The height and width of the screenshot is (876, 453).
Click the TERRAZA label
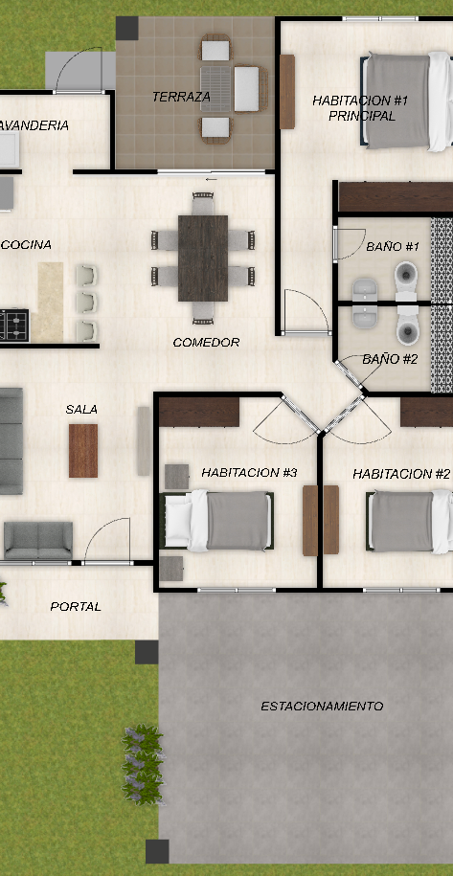click(182, 97)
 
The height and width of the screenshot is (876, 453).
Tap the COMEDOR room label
click(206, 342)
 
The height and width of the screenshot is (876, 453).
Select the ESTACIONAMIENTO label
click(322, 707)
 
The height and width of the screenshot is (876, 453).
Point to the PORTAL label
click(76, 606)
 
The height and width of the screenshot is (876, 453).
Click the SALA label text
click(81, 409)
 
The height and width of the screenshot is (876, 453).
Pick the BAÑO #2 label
click(390, 359)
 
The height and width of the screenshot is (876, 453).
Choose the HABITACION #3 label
click(249, 473)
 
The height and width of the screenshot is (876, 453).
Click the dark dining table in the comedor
click(203, 258)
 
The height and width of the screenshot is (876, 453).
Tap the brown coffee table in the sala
click(83, 451)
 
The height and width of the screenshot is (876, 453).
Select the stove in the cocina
click(14, 326)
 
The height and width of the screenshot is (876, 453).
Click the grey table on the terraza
click(215, 89)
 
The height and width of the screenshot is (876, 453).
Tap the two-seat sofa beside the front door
click(38, 540)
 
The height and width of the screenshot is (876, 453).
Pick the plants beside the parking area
click(143, 765)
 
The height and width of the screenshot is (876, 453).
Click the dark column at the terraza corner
click(126, 29)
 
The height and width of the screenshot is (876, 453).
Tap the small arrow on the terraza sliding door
click(211, 179)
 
